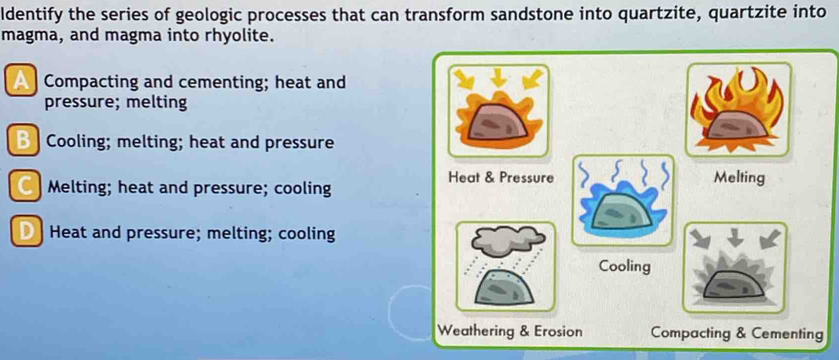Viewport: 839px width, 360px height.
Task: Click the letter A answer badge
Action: point(21,83)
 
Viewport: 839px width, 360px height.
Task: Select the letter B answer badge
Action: point(24,142)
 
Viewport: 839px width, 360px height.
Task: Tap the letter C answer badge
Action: point(25,188)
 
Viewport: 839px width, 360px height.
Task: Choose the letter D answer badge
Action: point(27,234)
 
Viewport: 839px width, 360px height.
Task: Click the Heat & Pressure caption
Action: point(500,178)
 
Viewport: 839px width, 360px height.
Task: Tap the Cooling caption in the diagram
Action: point(624,265)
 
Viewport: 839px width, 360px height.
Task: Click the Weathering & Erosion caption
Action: point(510,331)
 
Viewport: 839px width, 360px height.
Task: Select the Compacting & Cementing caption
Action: point(736,334)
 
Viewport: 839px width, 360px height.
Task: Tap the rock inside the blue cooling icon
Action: point(620,212)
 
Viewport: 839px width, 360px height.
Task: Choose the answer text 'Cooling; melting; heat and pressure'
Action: point(190,143)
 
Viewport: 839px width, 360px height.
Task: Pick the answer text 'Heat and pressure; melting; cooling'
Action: point(193,234)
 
